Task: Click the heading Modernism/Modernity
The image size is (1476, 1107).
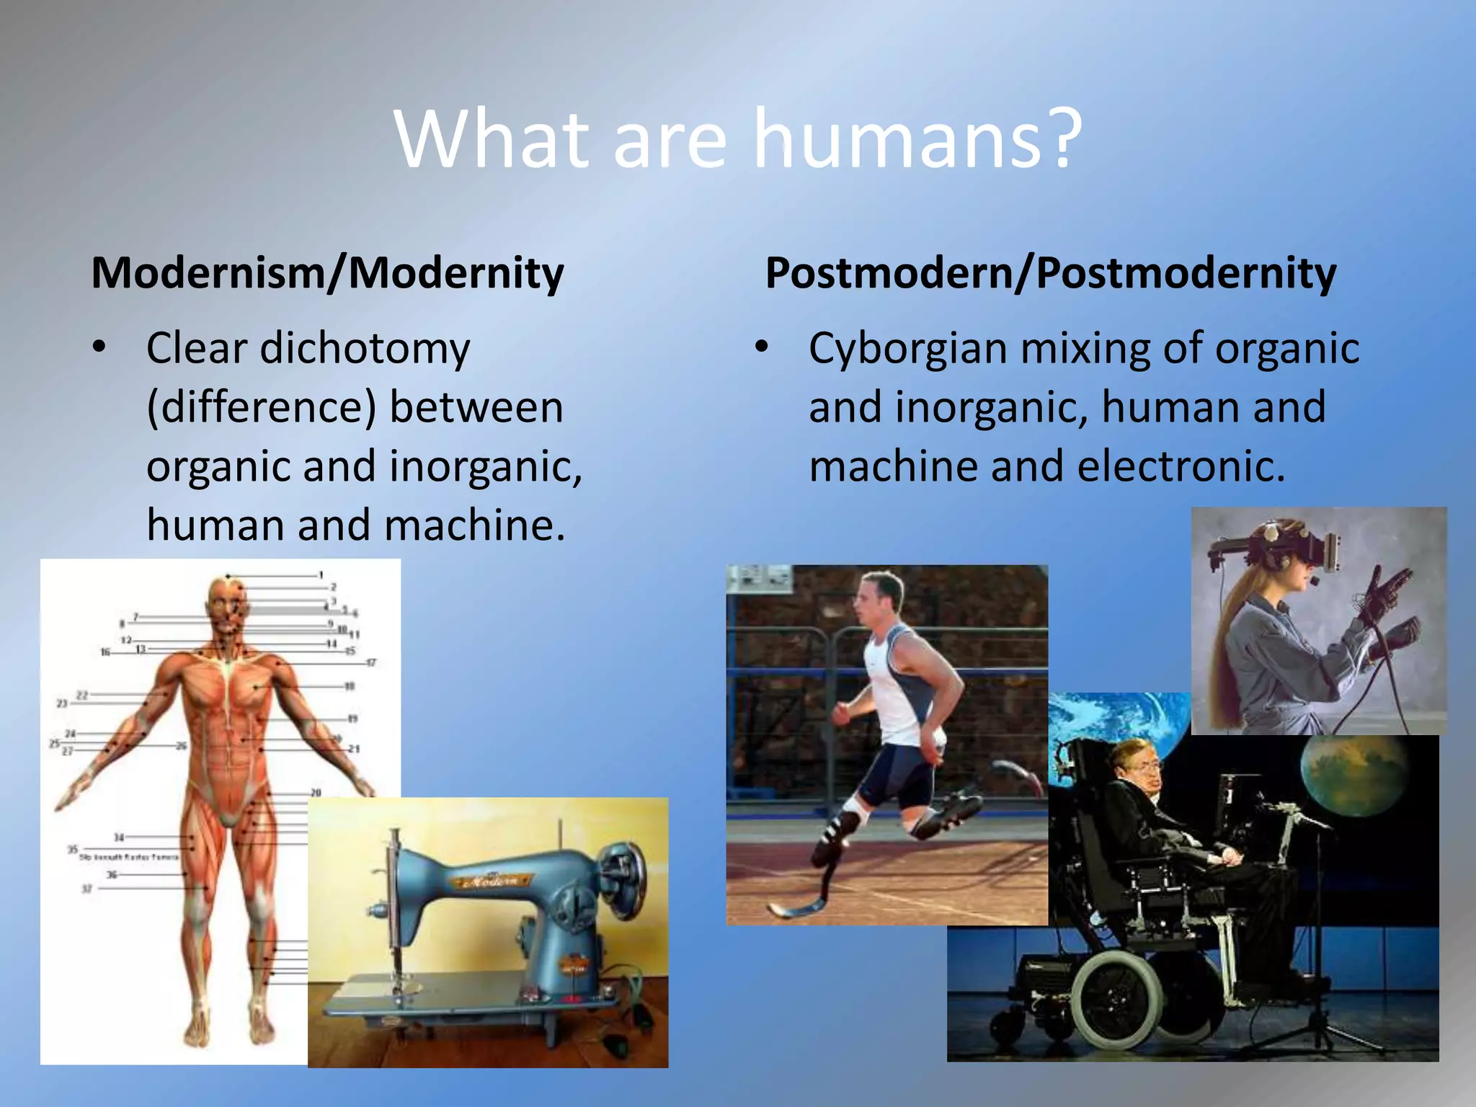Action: (x=327, y=274)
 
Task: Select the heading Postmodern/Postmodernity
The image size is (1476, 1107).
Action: (x=1050, y=274)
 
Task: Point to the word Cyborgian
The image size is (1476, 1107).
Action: (x=907, y=350)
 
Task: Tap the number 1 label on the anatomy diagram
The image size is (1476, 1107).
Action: (x=321, y=575)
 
